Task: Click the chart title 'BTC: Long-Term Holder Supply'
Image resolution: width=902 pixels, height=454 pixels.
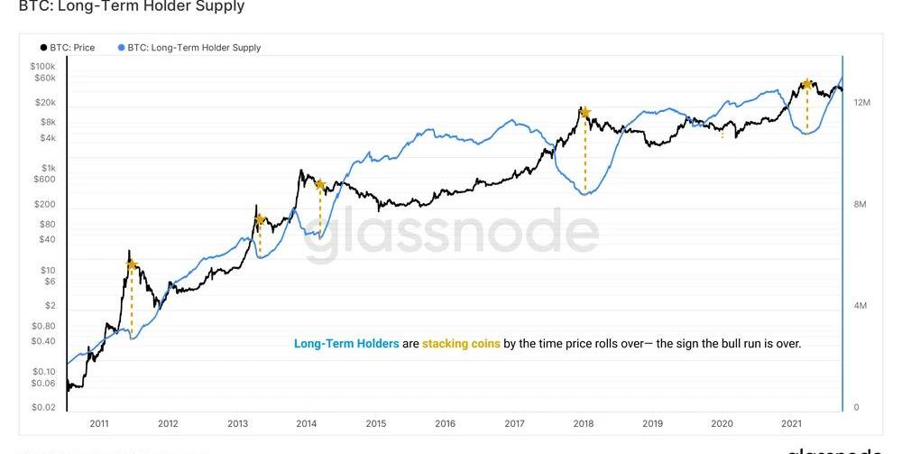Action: pyautogui.click(x=132, y=7)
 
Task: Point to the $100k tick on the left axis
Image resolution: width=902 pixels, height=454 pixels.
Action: pyautogui.click(x=42, y=67)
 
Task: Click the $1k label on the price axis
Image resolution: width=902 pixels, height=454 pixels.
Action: pyautogui.click(x=48, y=168)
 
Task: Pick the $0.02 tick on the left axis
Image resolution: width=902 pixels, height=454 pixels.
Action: pyautogui.click(x=43, y=407)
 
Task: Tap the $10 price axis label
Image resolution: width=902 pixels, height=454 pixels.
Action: pyautogui.click(x=48, y=270)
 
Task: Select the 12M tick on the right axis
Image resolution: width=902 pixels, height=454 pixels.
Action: pyautogui.click(x=861, y=103)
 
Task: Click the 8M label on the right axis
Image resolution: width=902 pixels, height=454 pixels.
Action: pyautogui.click(x=860, y=205)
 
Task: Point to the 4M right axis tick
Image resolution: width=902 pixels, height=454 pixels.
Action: pyautogui.click(x=860, y=306)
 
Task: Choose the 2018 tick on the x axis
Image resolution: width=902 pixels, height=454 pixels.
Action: pyautogui.click(x=583, y=423)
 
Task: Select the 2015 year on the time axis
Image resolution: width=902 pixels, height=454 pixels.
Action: pyautogui.click(x=375, y=423)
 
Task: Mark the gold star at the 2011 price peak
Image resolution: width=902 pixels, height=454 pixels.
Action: pyautogui.click(x=132, y=265)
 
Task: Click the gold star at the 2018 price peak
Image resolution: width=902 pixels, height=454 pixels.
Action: pyautogui.click(x=585, y=113)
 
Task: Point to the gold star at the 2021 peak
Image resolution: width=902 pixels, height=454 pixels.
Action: pyautogui.click(x=807, y=84)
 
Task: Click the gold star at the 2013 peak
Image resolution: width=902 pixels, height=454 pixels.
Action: pyautogui.click(x=260, y=219)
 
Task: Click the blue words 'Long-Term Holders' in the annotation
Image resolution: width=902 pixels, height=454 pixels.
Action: pyautogui.click(x=346, y=344)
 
